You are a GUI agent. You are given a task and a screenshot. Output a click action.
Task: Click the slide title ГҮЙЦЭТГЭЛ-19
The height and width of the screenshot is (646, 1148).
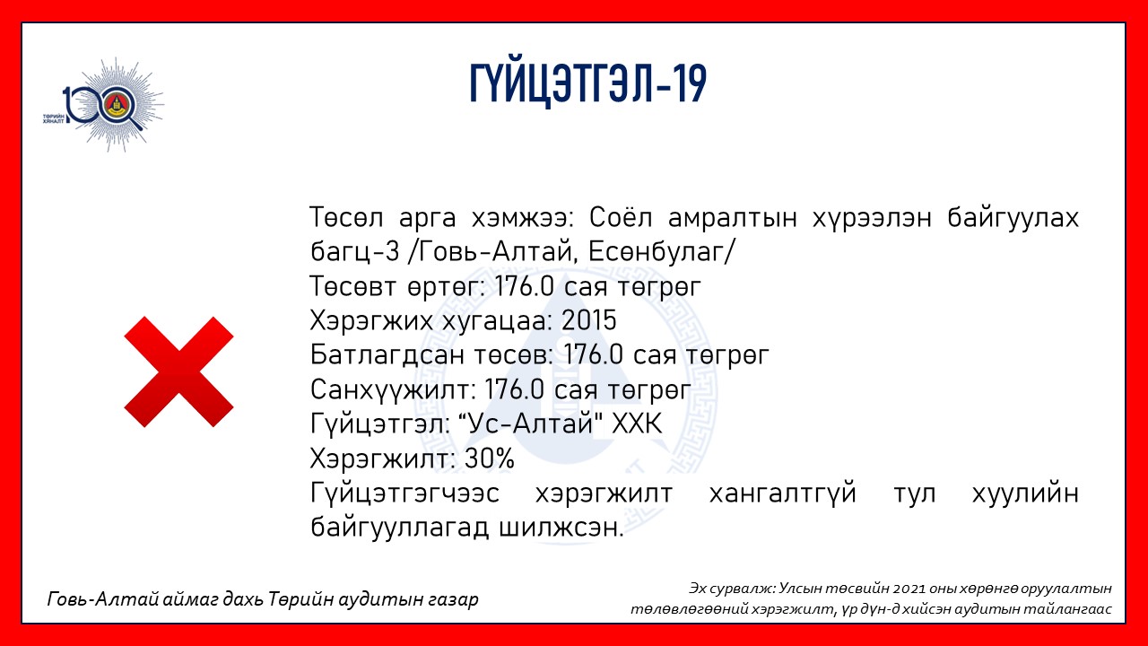[588, 84]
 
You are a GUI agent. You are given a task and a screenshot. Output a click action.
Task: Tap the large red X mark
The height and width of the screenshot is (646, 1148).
[178, 371]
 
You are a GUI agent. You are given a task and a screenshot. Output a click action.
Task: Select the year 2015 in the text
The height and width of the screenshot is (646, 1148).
[589, 321]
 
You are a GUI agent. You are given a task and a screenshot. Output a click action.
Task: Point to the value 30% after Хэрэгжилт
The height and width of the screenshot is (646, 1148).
[489, 458]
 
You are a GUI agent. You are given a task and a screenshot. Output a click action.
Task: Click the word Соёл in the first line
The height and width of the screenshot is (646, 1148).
[621, 217]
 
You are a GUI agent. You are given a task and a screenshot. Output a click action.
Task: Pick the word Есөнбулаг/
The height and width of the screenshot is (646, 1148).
[662, 252]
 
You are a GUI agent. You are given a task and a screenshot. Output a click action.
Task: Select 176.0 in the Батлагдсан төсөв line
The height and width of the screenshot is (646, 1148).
[594, 354]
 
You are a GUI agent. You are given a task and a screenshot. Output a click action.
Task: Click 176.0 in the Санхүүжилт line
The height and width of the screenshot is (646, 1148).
[514, 389]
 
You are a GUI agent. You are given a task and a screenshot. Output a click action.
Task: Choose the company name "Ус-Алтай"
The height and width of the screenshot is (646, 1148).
[529, 424]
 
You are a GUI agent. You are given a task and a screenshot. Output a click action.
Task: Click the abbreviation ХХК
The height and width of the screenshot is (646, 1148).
[637, 424]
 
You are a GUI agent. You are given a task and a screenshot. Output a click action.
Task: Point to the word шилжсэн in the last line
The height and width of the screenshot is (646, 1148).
[561, 528]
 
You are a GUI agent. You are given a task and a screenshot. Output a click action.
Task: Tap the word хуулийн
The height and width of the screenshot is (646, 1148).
[1025, 493]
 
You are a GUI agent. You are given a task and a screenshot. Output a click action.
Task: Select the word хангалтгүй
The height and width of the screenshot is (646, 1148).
[783, 493]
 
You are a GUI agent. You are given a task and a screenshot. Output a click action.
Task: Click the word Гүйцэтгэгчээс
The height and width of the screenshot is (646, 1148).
[404, 493]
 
